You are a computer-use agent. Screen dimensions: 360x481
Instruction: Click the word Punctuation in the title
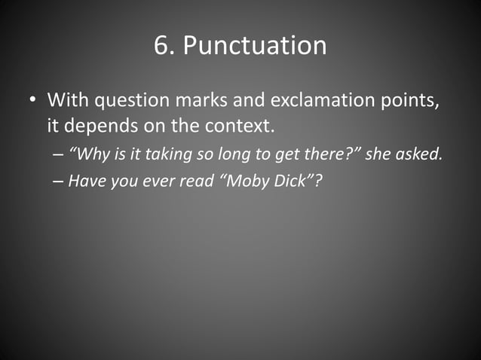pyautogui.click(x=255, y=46)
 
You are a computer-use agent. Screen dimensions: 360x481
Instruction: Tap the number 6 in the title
pyautogui.click(x=161, y=45)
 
